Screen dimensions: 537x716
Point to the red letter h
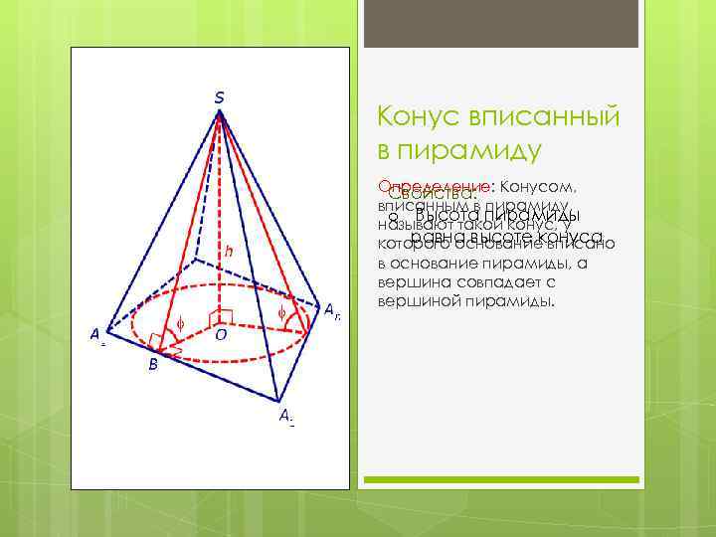229,252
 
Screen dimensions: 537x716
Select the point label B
152,365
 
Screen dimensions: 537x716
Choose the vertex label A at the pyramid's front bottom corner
284,417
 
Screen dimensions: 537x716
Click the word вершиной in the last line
419,300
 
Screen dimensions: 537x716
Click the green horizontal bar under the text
501,479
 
